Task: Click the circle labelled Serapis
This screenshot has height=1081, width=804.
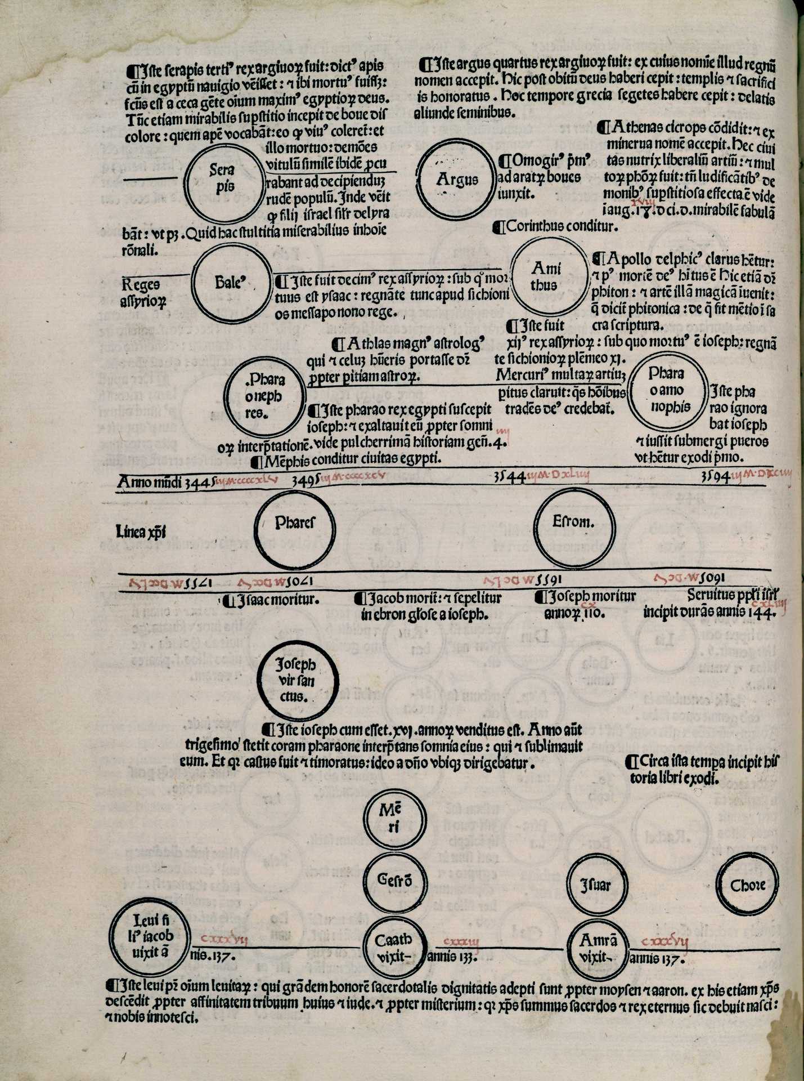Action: coord(223,178)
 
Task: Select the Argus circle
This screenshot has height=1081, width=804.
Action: coord(457,179)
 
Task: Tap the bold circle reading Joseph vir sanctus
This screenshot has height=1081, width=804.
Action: coord(298,681)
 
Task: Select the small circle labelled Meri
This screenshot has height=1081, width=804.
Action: coord(394,818)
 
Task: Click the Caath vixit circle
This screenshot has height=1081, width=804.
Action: coord(394,948)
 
